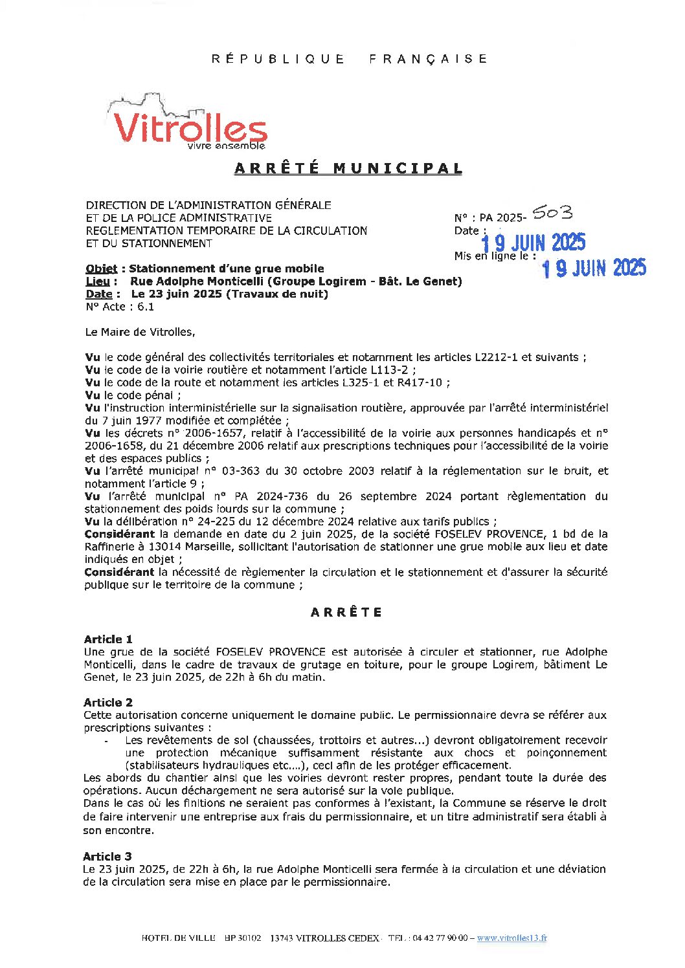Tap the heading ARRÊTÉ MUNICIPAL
[348, 168]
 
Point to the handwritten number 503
[552, 213]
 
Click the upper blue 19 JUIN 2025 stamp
[533, 243]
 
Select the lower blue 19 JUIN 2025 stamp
[593, 267]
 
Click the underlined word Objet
[102, 269]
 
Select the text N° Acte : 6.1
[120, 307]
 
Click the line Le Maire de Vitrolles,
[140, 332]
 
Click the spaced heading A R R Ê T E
[346, 612]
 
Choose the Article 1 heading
[108, 639]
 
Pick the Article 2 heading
[108, 702]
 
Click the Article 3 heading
[107, 856]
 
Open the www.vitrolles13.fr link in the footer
[511, 938]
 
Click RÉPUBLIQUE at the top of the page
[278, 59]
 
